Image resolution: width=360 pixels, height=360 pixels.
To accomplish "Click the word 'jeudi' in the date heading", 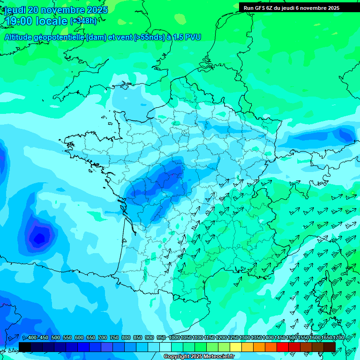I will pyautogui.click(x=15, y=10).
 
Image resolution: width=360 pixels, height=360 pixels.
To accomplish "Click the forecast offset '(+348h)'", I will pyautogui.click(x=83, y=21).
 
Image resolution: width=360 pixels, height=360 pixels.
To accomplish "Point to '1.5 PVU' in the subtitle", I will pyautogui.click(x=187, y=37).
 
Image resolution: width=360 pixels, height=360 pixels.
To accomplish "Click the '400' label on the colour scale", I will pyautogui.click(x=32, y=338).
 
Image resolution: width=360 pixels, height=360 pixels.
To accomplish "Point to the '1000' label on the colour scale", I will pyautogui.click(x=174, y=338).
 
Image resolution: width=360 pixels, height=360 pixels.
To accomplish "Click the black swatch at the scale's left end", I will pyautogui.click(x=25, y=347).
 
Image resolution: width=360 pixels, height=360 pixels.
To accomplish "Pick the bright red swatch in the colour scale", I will pyautogui.click(x=282, y=347).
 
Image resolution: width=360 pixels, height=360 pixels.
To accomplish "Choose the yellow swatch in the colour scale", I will pyautogui.click(x=235, y=347).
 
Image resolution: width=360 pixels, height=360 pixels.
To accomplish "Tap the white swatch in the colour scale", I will pyautogui.click(x=165, y=347).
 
